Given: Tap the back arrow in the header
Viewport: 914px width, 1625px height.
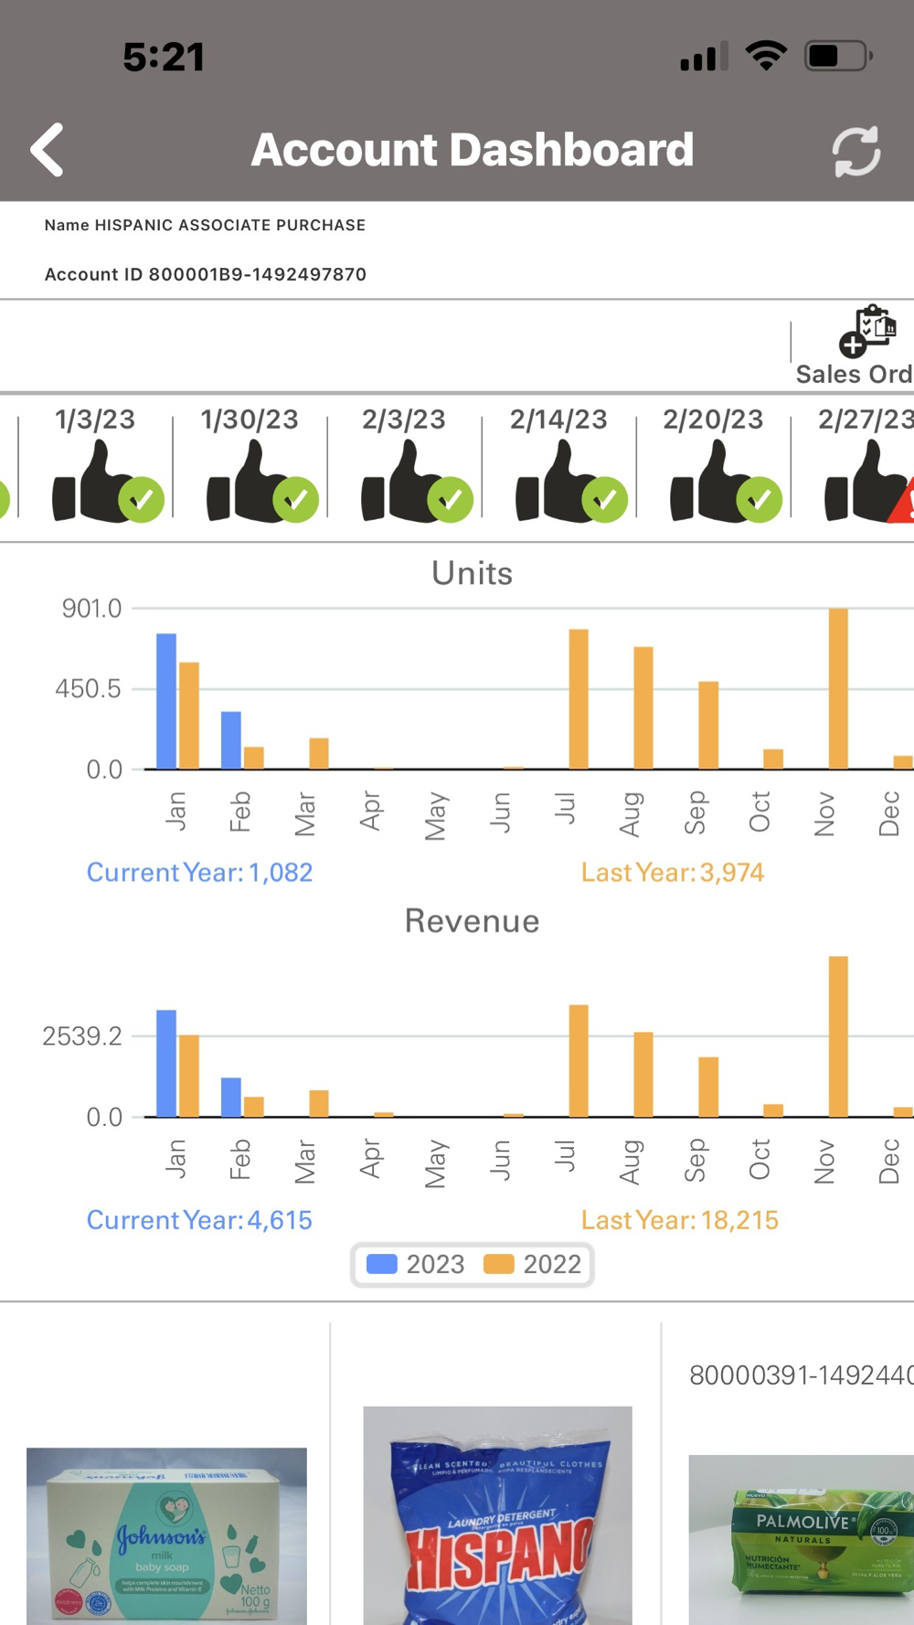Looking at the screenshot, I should tap(48, 150).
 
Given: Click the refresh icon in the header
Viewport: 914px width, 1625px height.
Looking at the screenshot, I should tap(856, 151).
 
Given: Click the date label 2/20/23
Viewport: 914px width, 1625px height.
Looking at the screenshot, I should tap(713, 420).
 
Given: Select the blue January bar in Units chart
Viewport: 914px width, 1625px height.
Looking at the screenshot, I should tap(166, 701).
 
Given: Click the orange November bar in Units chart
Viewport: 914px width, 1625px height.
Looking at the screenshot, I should tap(838, 688).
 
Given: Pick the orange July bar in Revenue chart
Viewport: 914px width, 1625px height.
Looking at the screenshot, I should tap(579, 1060).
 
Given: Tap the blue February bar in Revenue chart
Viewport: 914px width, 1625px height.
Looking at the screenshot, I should tap(231, 1097).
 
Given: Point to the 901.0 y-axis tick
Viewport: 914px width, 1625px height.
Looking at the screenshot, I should tap(91, 609).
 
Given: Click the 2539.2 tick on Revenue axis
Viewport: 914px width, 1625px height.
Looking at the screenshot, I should tap(82, 1036).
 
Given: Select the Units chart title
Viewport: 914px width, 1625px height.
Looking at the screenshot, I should tap(472, 573).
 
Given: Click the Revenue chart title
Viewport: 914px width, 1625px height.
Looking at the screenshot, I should tap(472, 921).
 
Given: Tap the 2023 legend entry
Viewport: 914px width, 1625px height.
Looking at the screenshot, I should tap(416, 1264).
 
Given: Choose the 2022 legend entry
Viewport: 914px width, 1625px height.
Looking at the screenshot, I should tap(533, 1264).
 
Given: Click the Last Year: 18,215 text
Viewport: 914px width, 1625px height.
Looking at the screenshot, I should tap(679, 1220).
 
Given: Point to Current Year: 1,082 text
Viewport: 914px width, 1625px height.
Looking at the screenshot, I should tap(199, 873).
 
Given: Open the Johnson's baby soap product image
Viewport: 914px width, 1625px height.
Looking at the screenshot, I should tap(166, 1535).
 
